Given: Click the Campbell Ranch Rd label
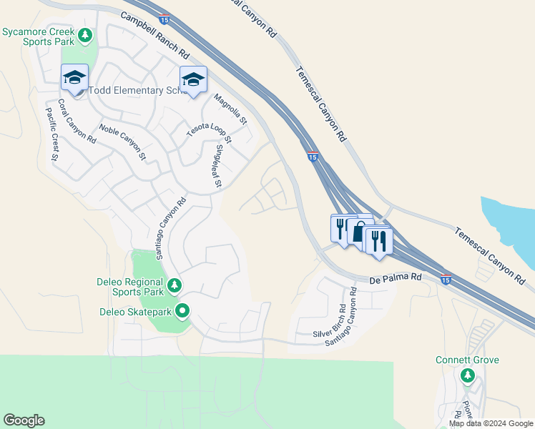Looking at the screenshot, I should (154, 34).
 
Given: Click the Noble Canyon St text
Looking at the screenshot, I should (122, 142).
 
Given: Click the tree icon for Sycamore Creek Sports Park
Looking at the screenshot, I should (86, 34).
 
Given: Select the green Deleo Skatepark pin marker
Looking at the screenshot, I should (182, 311).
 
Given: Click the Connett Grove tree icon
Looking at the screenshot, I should (468, 375).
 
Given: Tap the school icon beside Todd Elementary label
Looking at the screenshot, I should (74, 78).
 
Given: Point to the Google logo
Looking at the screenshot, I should (24, 420).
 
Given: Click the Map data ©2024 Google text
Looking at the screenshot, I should (490, 423).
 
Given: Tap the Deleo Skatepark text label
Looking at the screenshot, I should (136, 312).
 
